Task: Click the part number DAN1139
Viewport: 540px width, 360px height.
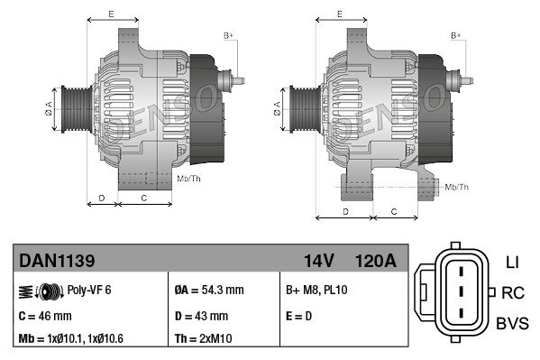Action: pos(57,262)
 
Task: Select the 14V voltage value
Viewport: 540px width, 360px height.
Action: pos(319,262)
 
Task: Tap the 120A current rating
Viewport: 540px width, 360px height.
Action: pos(375,262)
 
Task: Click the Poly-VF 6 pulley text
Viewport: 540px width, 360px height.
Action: pos(89,291)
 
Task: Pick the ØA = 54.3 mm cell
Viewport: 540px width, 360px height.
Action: pos(208,291)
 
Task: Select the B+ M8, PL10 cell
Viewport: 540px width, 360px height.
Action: pos(316,291)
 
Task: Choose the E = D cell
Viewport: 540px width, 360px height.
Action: pos(300,316)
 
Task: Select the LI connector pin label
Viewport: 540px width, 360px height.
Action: pos(512,263)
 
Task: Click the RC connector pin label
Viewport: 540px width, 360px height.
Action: pos(513,292)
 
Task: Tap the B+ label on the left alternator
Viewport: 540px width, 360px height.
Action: pos(229,34)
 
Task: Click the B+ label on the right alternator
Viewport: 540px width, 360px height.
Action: pos(456,34)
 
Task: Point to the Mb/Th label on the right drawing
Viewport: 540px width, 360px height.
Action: pos(457,187)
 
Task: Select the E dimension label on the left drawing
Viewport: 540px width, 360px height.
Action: pos(111,14)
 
